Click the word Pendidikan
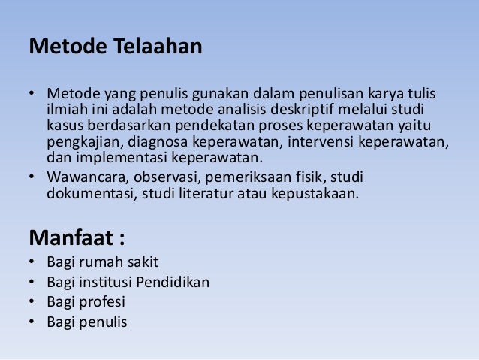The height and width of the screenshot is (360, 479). (x=172, y=283)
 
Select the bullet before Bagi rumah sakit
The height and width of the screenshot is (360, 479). (x=32, y=262)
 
